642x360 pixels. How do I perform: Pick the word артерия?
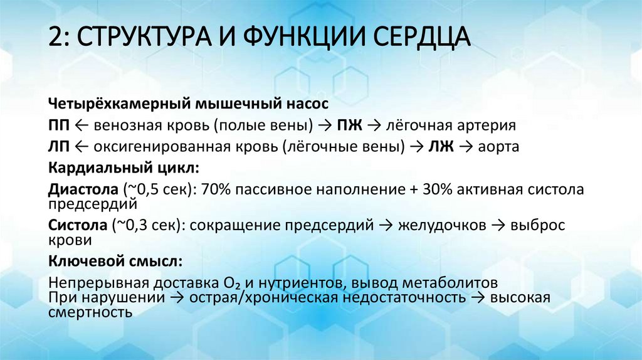(488, 125)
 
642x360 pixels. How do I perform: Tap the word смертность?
(90, 312)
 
